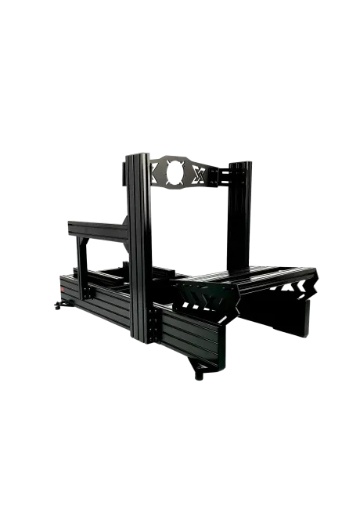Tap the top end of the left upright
tap(135, 154)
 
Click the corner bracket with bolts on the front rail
tap(153, 327)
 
